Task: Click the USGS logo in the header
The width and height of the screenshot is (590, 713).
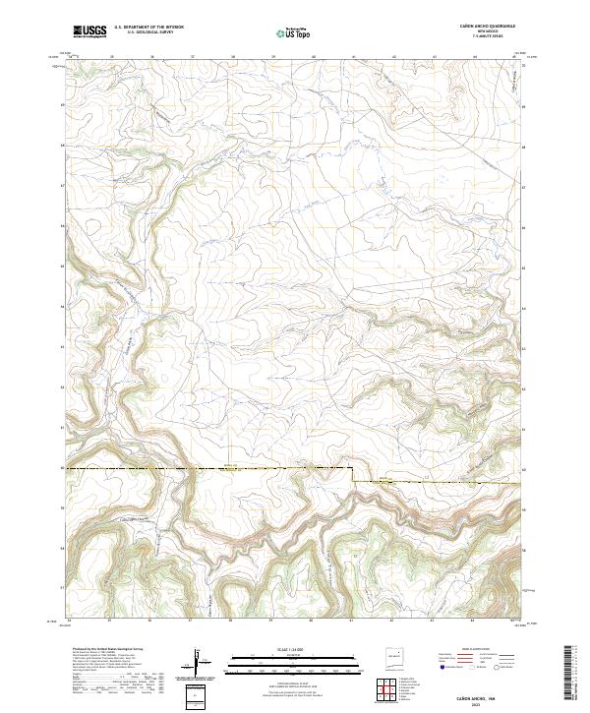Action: pyautogui.click(x=89, y=31)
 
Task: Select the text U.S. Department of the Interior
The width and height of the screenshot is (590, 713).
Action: pyautogui.click(x=148, y=28)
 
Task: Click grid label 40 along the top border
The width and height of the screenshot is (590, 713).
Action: pyautogui.click(x=314, y=57)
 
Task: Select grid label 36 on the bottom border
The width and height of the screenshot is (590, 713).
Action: pyautogui.click(x=150, y=621)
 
